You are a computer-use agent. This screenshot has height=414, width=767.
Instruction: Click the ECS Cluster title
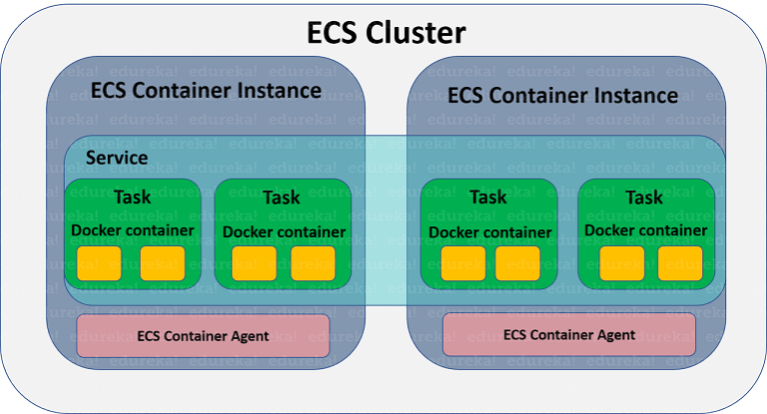(x=384, y=32)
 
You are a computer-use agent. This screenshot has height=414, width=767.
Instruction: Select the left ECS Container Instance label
(x=206, y=91)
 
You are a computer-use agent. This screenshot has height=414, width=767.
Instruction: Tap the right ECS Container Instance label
(x=563, y=95)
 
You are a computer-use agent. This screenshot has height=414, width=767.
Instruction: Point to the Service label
(x=117, y=158)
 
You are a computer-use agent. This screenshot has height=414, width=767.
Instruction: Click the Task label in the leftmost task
(x=132, y=197)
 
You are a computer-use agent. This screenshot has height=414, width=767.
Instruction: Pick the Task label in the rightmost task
(x=644, y=197)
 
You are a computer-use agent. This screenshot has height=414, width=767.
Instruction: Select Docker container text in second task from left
(x=284, y=232)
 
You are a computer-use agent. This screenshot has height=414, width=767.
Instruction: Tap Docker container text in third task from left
(x=489, y=232)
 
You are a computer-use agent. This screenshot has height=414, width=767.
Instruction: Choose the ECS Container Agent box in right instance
(x=568, y=334)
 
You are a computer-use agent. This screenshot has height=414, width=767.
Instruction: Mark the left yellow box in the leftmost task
(x=99, y=263)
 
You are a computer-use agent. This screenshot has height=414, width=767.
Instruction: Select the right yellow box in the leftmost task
(x=162, y=263)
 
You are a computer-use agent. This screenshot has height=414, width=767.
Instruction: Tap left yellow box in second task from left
(x=254, y=263)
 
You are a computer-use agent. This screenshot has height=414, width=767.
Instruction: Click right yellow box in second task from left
(x=313, y=263)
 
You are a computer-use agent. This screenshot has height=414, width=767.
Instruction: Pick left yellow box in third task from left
(x=462, y=263)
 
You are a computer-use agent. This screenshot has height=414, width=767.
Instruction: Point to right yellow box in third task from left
(x=517, y=263)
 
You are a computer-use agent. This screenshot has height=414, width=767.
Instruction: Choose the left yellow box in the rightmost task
(x=621, y=263)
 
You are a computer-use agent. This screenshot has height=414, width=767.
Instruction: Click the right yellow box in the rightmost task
(x=680, y=263)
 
